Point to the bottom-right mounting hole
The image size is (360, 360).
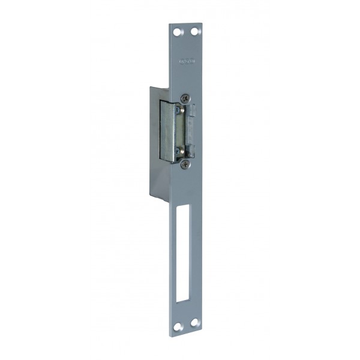(196, 325)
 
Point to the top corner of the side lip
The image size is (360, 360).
(151, 88)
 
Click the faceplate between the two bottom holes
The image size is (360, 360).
(187, 325)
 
